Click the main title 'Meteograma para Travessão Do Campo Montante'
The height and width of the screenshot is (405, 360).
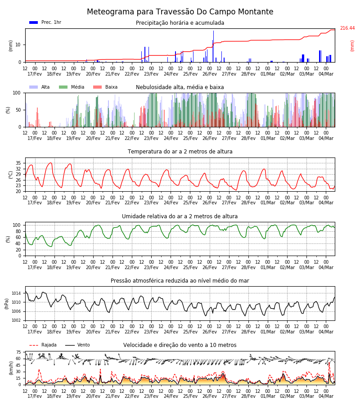click(180, 12)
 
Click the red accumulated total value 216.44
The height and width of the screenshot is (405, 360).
click(347, 28)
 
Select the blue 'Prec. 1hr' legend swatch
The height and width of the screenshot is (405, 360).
click(34, 22)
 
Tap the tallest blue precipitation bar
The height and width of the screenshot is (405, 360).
click(213, 46)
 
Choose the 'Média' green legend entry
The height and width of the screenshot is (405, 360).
click(72, 87)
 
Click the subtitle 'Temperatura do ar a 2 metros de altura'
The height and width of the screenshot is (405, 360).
click(180, 152)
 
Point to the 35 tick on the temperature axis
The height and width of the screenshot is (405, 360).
click(18, 163)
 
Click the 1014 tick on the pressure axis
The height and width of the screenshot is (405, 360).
click(16, 293)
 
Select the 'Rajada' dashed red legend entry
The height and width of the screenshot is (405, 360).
click(43, 345)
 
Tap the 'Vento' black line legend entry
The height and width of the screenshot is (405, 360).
click(77, 345)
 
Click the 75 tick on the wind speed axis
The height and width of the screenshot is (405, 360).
click(18, 352)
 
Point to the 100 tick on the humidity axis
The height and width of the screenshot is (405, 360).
click(17, 225)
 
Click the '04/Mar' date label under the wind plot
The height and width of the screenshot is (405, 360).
click(326, 396)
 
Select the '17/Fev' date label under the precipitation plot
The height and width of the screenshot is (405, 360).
click(35, 74)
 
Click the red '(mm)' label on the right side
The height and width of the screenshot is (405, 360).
click(352, 46)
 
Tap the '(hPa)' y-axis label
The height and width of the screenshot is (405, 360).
click(7, 304)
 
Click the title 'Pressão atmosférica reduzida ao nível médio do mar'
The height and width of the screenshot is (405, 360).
click(180, 281)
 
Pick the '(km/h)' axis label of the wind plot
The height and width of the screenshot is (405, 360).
click(11, 368)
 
